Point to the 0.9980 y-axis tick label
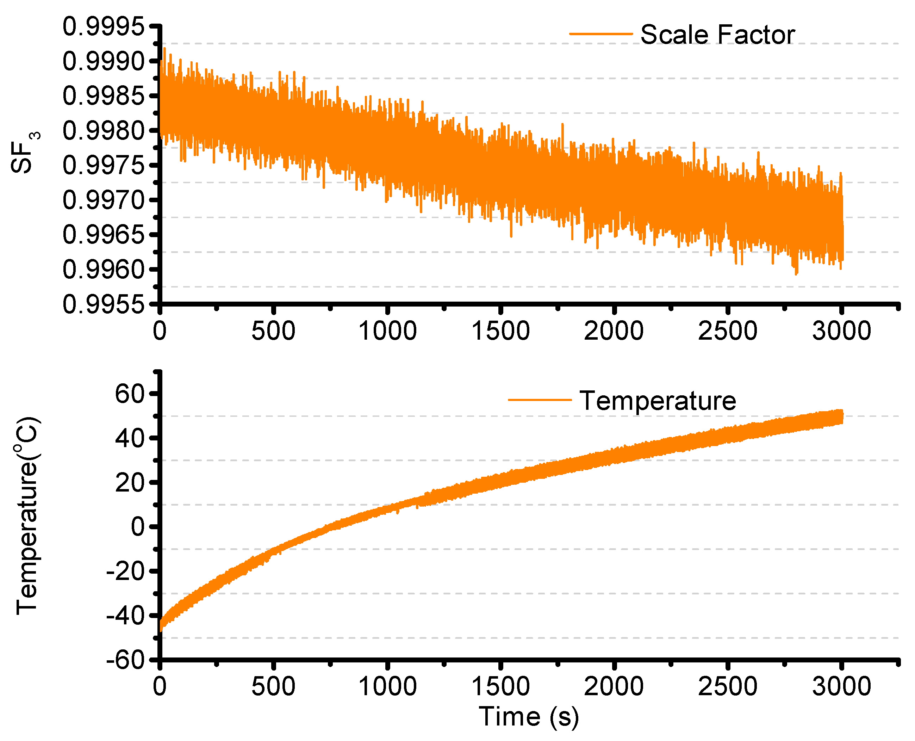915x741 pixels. (104, 131)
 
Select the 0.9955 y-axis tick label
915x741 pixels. (104, 305)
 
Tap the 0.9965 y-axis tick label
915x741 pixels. (104, 235)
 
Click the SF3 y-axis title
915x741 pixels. (24, 153)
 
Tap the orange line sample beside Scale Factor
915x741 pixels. (600, 34)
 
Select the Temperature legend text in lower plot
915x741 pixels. (657, 401)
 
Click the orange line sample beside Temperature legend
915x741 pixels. (540, 400)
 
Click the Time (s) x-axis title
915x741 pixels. (529, 716)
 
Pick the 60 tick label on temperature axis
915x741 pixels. (130, 394)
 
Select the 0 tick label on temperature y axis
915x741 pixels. (138, 527)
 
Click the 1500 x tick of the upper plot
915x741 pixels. (500, 331)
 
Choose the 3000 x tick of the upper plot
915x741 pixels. (841, 331)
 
